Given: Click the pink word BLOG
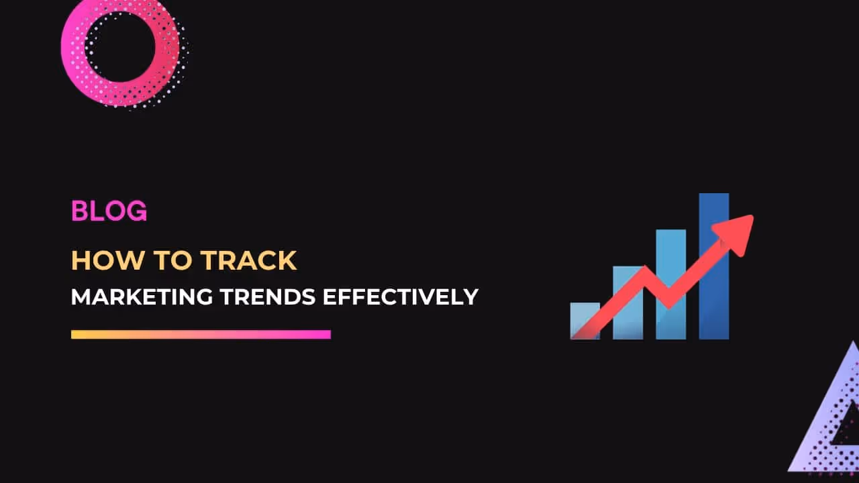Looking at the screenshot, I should (109, 211).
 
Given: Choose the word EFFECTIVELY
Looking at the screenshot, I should (401, 297).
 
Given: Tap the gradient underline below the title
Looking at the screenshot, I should (201, 334).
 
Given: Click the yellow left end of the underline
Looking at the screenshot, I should (77, 334).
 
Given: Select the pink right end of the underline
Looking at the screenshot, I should (325, 334).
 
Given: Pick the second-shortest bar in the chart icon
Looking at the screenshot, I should (627, 302).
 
